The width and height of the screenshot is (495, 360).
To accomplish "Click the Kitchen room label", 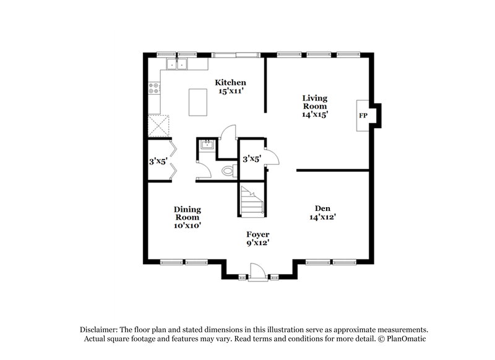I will pyautogui.click(x=230, y=82).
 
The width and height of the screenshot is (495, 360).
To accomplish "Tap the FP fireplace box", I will pyautogui.click(x=363, y=116).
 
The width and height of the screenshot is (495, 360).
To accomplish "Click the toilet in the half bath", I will pyautogui.click(x=227, y=170).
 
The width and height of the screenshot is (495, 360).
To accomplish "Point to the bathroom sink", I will pyautogui.click(x=206, y=146).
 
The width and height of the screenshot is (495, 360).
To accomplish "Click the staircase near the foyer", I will pyautogui.click(x=251, y=200).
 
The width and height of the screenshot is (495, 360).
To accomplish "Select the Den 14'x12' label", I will pyautogui.click(x=322, y=212).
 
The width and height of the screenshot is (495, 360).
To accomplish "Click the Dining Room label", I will pyautogui.click(x=187, y=213).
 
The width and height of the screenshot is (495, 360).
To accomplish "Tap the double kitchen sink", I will pyautogui.click(x=181, y=63).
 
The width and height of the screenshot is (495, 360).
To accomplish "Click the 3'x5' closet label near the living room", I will pyautogui.click(x=251, y=159).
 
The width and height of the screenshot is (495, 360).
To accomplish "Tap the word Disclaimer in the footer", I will pyautogui.click(x=99, y=330).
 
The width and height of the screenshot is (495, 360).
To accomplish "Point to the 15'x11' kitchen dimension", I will pyautogui.click(x=230, y=91).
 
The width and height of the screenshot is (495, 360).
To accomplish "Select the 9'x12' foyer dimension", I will pyautogui.click(x=258, y=243).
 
